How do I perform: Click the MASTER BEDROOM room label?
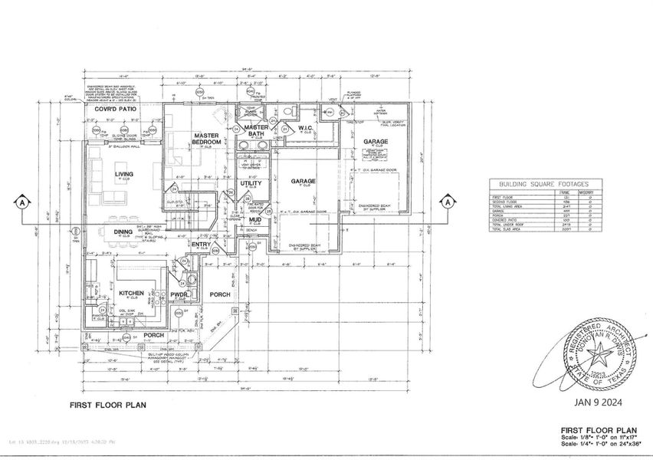coord(207,139)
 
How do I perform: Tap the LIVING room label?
coord(124,174)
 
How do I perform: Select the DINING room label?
coord(123,232)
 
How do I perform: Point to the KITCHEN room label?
coord(132,293)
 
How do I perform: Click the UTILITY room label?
coord(251,184)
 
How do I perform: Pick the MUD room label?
coord(255,219)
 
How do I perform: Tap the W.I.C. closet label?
coord(308,128)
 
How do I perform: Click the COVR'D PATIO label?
coord(115,110)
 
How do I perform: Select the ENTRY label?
coord(201,245)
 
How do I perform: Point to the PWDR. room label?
coord(179,294)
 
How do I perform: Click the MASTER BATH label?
coord(250,131)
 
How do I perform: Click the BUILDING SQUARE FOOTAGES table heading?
coord(543,184)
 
